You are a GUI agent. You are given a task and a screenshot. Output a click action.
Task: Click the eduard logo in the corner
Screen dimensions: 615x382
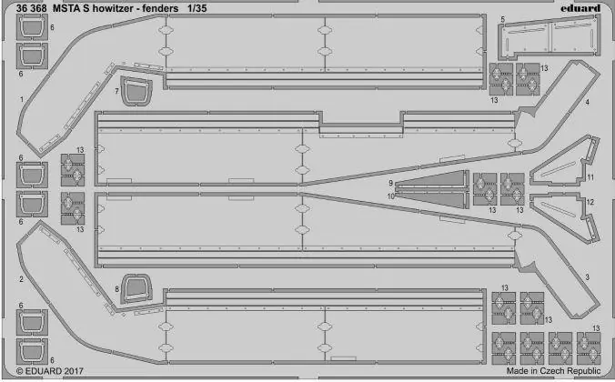tap(580, 8)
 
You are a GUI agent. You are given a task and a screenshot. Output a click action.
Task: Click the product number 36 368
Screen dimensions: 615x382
tap(31, 8)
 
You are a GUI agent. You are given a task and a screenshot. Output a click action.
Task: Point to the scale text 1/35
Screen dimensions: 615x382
tap(197, 8)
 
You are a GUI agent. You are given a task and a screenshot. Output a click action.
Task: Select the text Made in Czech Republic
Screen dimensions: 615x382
tap(553, 370)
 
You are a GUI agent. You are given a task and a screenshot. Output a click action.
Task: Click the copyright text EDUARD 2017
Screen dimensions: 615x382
tap(50, 370)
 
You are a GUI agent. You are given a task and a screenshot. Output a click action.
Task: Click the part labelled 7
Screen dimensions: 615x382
tap(136, 91)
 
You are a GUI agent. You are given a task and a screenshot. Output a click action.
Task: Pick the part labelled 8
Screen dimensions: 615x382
tap(136, 288)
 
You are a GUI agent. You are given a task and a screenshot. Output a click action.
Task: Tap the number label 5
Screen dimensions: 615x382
tap(502, 19)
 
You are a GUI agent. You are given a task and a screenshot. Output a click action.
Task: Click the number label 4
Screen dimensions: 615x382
tap(587, 103)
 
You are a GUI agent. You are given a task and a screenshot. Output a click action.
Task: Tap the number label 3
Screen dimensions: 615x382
tap(587, 277)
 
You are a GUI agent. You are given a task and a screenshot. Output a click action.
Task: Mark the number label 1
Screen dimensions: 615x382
tap(22, 100)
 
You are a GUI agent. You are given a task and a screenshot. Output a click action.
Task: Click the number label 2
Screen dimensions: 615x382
tap(21, 279)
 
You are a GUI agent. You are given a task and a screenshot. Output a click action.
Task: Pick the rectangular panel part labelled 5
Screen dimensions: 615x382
tap(549, 37)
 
